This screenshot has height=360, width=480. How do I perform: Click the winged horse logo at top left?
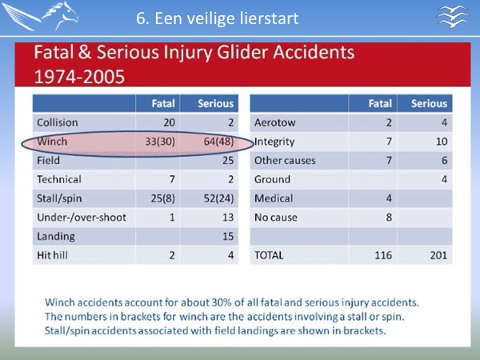[40, 16]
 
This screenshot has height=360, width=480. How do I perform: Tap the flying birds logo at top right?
[453, 17]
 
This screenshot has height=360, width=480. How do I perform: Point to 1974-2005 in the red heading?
[79, 77]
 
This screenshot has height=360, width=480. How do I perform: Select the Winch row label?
[52, 142]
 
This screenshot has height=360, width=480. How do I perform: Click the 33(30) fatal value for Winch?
[160, 142]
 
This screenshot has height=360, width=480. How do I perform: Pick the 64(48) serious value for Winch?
[218, 142]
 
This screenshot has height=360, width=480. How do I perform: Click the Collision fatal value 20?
[169, 122]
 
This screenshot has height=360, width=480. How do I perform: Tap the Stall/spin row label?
[59, 198]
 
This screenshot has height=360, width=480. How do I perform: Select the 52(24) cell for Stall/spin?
[218, 198]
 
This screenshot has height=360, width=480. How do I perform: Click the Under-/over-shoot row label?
[82, 218]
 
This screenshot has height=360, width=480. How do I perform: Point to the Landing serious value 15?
[228, 236]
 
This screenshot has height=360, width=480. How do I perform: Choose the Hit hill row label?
[52, 255]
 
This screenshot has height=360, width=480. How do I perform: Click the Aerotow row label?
[274, 122]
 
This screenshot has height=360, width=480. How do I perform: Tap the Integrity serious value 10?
[442, 142]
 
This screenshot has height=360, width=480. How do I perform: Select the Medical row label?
[274, 198]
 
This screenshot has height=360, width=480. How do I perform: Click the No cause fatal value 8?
[389, 218]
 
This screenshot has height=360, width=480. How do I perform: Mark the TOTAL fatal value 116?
[383, 255]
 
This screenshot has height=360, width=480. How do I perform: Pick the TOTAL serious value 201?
[438, 255]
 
